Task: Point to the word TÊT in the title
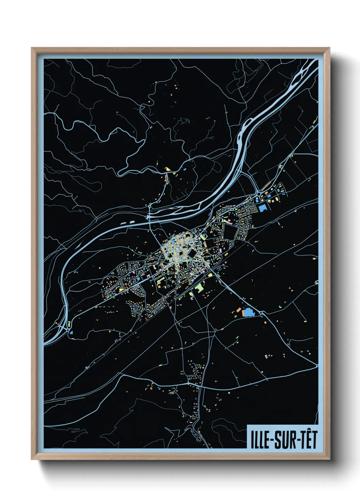[308, 440]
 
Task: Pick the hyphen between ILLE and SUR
[272, 440]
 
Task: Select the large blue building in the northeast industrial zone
[262, 208]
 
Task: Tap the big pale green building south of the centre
[199, 288]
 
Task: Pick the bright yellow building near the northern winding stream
[167, 169]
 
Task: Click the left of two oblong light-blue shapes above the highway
[123, 223]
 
